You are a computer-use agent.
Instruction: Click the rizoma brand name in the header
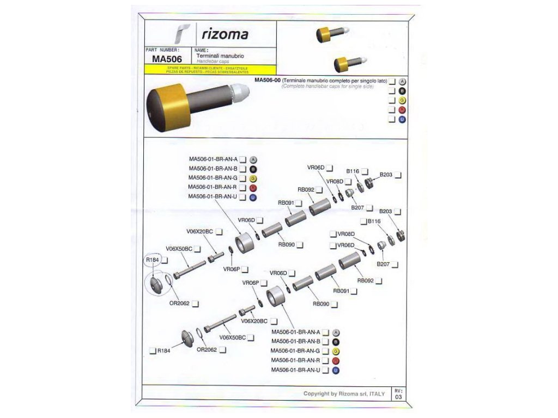coord(225,35)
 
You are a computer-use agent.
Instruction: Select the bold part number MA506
coord(167,59)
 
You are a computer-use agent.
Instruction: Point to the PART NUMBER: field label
coord(163,50)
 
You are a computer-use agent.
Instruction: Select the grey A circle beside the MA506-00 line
coord(403,81)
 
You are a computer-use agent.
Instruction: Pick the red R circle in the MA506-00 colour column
coord(403,110)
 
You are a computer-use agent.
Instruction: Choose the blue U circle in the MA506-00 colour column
coord(403,119)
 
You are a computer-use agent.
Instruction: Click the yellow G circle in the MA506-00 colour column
coord(403,100)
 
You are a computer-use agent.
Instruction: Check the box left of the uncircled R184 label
coord(153,351)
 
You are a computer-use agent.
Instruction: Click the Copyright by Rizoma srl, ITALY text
coord(344,394)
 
